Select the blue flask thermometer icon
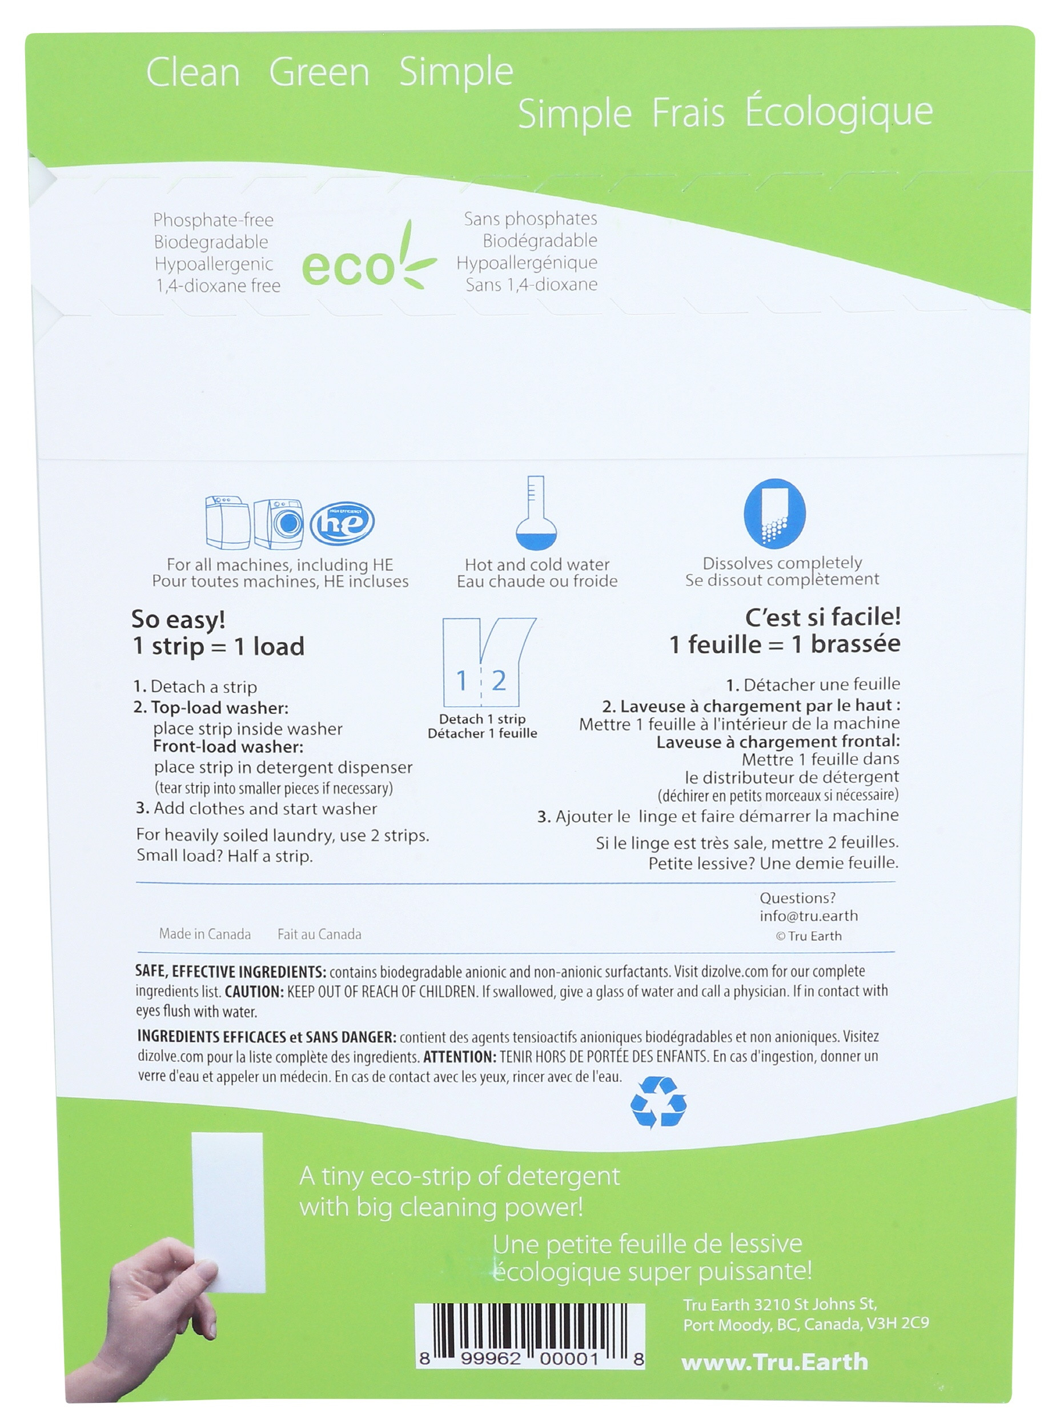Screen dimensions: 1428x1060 [536, 514]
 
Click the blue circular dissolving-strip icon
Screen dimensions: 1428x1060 [774, 514]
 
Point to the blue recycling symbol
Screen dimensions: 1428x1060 [658, 1102]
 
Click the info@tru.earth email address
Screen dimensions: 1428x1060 [809, 916]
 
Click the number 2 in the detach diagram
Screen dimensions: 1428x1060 [499, 680]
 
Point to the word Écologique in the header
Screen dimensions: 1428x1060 [838, 113]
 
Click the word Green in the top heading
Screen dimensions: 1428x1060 [319, 72]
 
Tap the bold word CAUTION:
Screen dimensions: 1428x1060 [254, 992]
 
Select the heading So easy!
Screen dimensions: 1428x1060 [178, 619]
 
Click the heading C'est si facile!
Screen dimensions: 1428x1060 [822, 617]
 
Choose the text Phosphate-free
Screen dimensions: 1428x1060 [213, 220]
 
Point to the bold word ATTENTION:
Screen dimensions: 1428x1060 [459, 1056]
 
